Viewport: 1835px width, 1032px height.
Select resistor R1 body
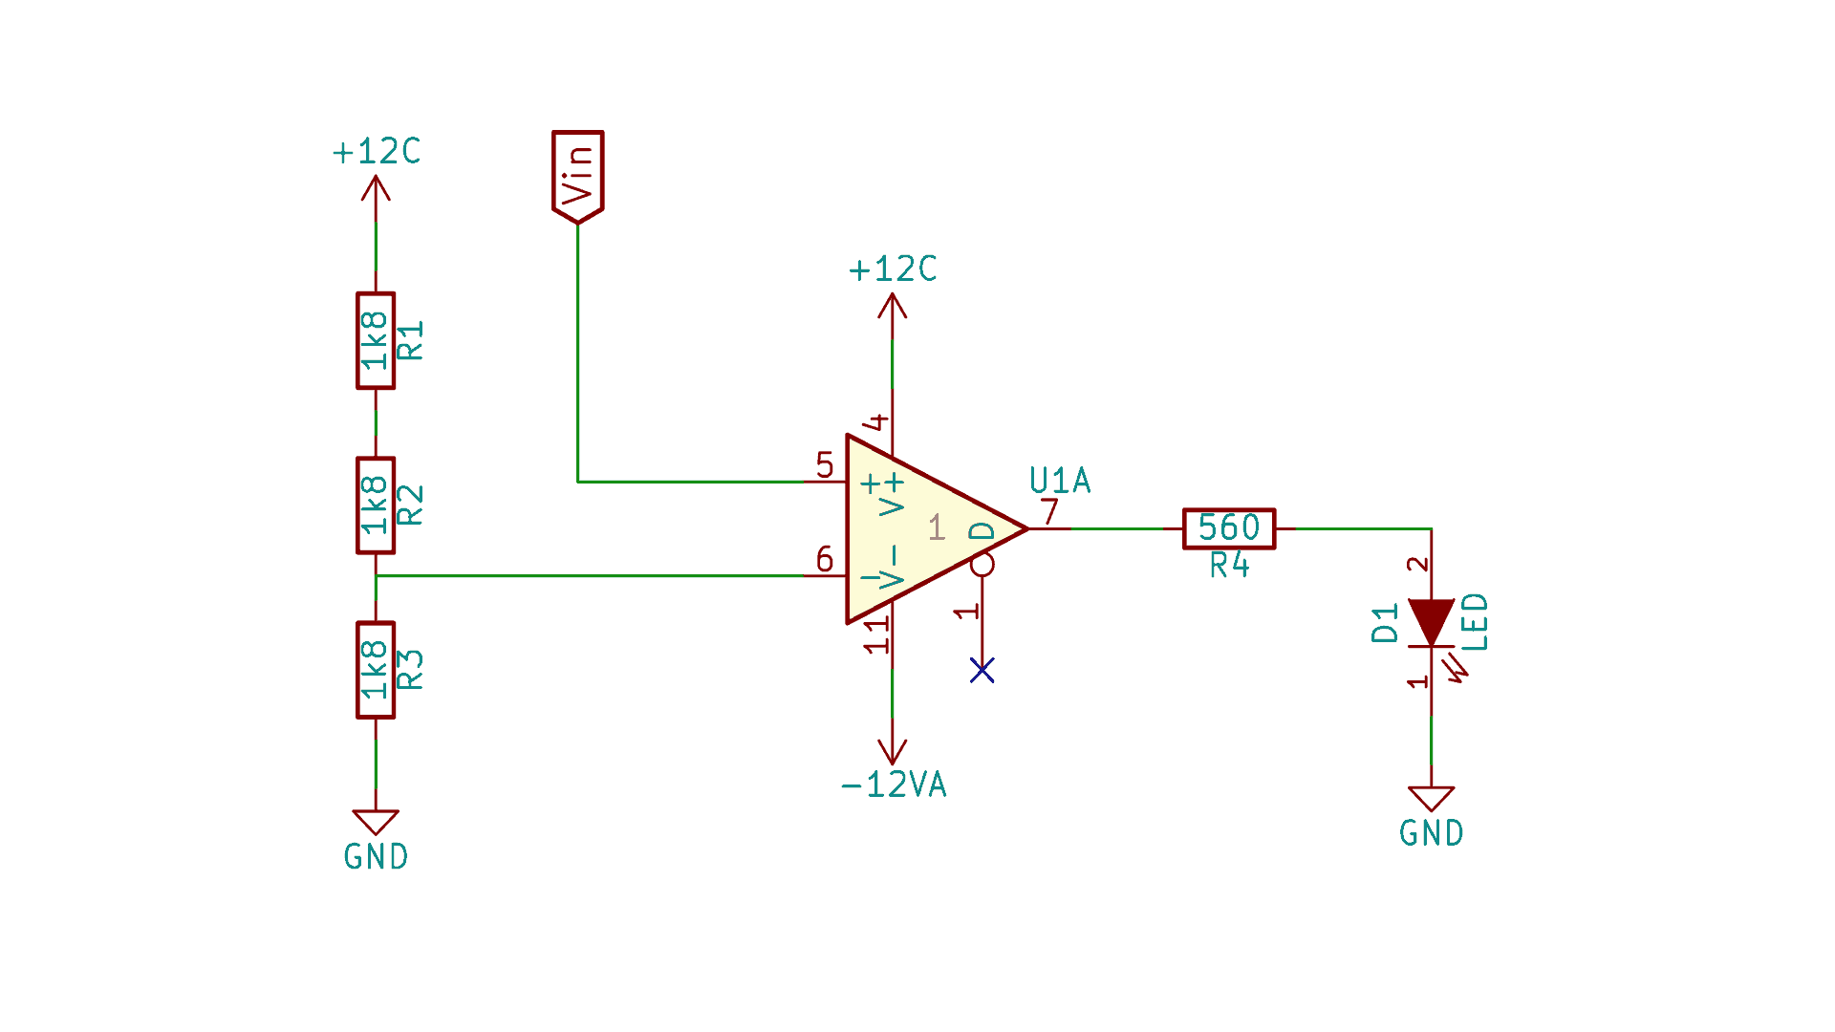click(x=376, y=341)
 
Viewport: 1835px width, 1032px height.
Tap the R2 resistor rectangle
click(x=376, y=505)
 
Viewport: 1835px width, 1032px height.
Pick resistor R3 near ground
click(x=376, y=670)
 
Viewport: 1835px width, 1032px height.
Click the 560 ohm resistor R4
click(x=1229, y=528)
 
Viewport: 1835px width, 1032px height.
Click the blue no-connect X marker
click(x=982, y=670)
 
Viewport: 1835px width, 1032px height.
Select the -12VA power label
click(x=894, y=785)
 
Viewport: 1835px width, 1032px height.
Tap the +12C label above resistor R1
click(x=377, y=151)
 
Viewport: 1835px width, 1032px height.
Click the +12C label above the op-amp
click(x=893, y=269)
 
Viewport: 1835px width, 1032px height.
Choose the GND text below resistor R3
click(x=376, y=856)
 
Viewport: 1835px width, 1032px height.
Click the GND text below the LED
click(x=1431, y=832)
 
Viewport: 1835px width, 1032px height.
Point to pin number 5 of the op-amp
click(x=825, y=465)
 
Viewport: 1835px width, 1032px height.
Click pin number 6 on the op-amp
click(x=825, y=559)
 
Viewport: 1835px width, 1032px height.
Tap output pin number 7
click(x=1050, y=512)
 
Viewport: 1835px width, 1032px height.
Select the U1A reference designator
click(x=1060, y=480)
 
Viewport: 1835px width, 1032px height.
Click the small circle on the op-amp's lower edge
click(x=982, y=565)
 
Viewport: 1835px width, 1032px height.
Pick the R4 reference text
click(x=1229, y=566)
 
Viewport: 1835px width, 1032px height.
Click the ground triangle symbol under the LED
click(x=1431, y=799)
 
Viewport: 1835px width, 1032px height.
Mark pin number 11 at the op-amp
click(x=877, y=635)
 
